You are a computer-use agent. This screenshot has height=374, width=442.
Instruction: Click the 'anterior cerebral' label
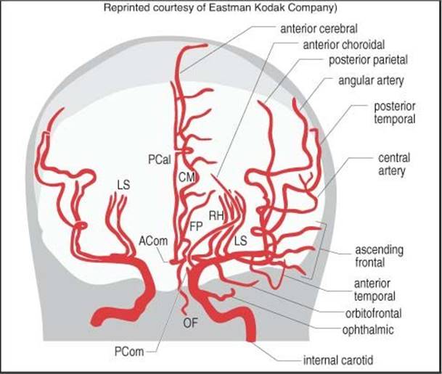tap(319, 29)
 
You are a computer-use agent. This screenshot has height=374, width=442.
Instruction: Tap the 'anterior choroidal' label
tap(343, 45)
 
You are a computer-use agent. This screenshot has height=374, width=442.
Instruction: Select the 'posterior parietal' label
tap(369, 60)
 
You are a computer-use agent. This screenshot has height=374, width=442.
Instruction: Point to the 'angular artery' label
tap(371, 80)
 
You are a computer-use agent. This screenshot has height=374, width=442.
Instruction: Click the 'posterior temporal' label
tap(394, 112)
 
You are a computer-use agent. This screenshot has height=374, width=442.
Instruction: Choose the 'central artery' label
tap(394, 165)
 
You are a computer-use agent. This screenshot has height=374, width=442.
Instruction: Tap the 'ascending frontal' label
tap(379, 256)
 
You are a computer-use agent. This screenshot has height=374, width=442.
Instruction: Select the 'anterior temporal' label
tap(375, 290)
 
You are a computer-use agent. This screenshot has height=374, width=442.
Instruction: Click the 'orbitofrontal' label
tap(374, 314)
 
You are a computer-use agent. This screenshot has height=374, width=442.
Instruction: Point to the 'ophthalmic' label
tap(368, 330)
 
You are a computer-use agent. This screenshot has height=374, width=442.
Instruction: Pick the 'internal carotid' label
tap(338, 360)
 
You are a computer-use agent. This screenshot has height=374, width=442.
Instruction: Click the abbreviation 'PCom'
tap(129, 352)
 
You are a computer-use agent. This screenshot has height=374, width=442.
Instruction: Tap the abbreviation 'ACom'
tap(153, 241)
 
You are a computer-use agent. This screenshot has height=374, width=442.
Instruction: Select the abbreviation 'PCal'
tap(160, 160)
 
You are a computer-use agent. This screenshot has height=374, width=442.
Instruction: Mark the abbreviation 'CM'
tap(187, 178)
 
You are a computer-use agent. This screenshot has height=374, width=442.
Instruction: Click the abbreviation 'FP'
tap(196, 226)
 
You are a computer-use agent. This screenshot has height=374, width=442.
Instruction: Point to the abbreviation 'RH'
tap(216, 216)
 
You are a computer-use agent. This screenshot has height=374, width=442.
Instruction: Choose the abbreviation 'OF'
tap(191, 323)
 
